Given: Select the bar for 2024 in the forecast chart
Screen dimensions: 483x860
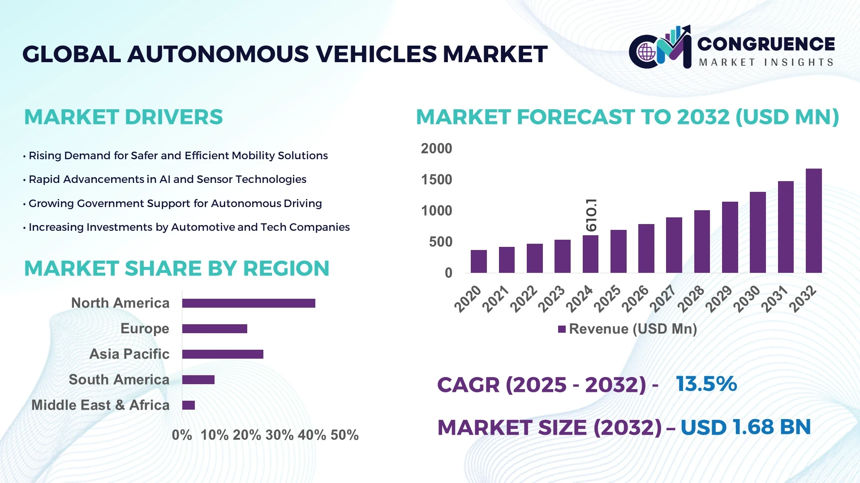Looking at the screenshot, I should click(x=590, y=254).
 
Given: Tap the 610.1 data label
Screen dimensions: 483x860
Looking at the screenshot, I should click(x=591, y=215).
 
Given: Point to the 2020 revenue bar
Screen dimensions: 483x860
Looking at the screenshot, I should click(x=478, y=261).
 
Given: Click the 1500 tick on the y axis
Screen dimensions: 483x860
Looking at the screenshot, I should click(x=436, y=180).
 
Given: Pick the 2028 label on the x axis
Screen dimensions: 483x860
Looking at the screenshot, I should click(x=691, y=299).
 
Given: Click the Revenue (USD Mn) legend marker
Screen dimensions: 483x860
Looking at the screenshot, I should click(x=562, y=329).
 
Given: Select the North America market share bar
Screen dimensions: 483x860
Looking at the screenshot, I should click(x=249, y=303).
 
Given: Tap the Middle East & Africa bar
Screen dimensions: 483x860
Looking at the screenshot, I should click(x=189, y=405).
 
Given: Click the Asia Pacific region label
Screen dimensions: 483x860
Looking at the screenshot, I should click(x=129, y=354).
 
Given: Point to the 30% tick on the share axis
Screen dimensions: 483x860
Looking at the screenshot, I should click(x=279, y=435).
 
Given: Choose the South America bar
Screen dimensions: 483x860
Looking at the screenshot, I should click(x=198, y=380).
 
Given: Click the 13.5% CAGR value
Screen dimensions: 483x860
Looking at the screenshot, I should click(x=706, y=384).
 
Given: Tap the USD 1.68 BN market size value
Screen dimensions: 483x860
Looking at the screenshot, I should click(x=745, y=427).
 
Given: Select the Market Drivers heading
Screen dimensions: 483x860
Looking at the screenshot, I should click(x=123, y=117).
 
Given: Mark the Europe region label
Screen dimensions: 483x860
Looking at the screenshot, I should click(x=145, y=329).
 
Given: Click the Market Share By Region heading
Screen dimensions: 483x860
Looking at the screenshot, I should click(x=176, y=269).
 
